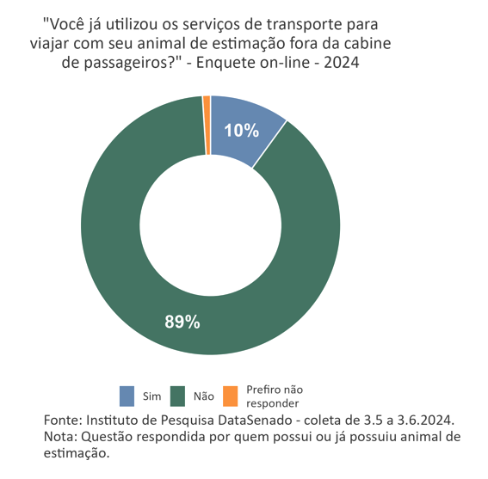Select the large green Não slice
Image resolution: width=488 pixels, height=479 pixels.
click(112, 258)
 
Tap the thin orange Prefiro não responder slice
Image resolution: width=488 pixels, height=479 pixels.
click(207, 126)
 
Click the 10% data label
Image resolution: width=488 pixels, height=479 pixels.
click(241, 131)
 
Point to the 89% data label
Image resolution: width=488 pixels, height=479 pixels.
click(182, 322)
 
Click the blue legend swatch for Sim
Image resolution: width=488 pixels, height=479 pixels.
click(127, 396)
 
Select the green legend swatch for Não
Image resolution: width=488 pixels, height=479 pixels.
click(178, 396)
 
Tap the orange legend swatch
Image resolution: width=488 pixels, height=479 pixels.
click(230, 396)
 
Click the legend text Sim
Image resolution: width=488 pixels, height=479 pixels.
click(152, 396)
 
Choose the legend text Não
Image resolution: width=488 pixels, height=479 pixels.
click(204, 396)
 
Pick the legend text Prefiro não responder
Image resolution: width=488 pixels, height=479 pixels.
click(274, 396)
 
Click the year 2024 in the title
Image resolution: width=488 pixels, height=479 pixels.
click(342, 63)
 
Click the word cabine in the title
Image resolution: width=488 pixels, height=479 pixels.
click(377, 43)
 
